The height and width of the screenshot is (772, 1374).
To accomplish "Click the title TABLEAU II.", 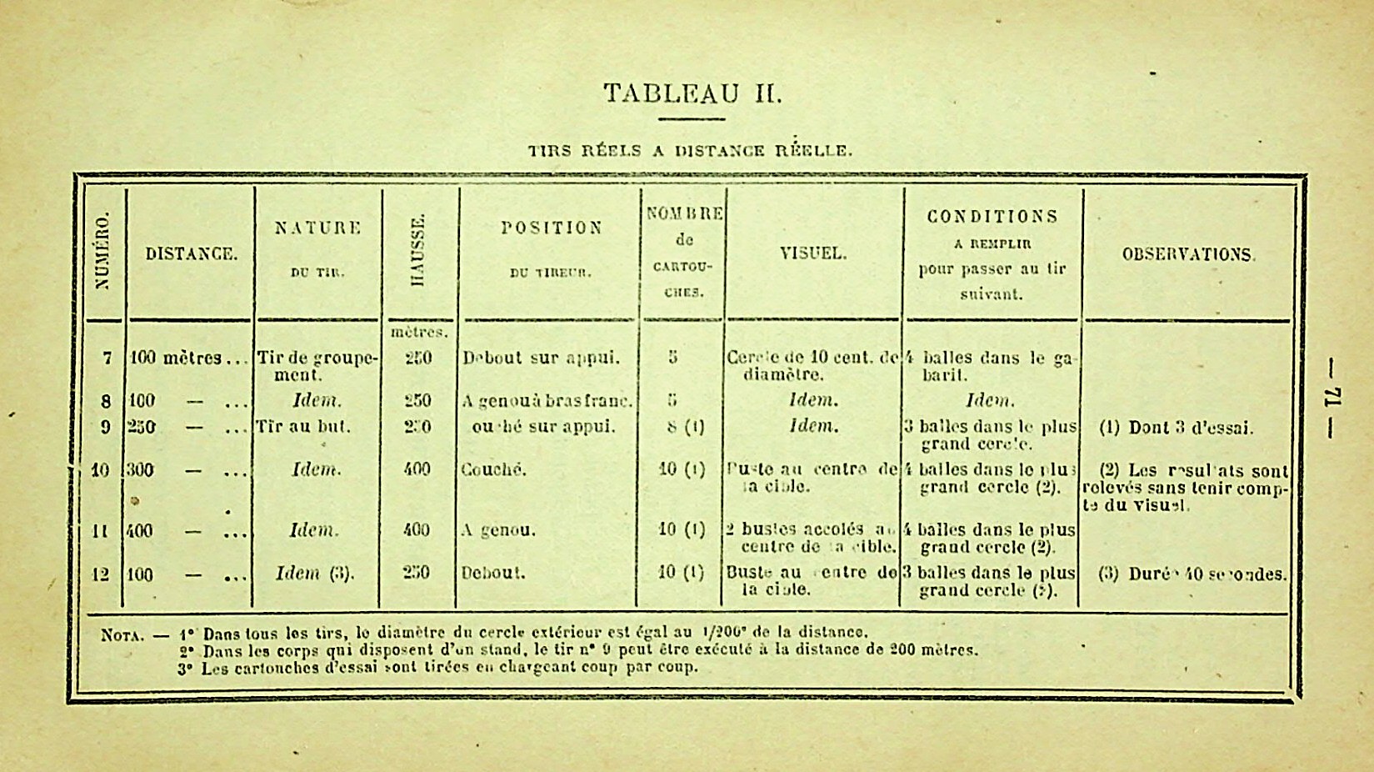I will pyautogui.click(x=692, y=93).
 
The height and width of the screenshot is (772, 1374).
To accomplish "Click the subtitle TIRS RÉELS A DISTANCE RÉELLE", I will pyautogui.click(x=691, y=151).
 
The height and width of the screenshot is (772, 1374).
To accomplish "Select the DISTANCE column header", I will pyautogui.click(x=191, y=254).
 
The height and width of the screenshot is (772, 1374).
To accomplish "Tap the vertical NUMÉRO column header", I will pyautogui.click(x=104, y=251).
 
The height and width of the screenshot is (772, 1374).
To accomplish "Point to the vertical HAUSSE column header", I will pyautogui.click(x=419, y=250).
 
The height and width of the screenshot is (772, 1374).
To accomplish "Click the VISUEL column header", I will pyautogui.click(x=813, y=253).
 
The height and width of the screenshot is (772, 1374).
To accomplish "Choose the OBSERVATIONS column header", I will pyautogui.click(x=1188, y=254).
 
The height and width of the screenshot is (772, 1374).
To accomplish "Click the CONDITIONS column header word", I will pyautogui.click(x=992, y=217).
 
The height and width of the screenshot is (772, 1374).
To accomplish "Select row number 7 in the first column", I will pyautogui.click(x=107, y=358).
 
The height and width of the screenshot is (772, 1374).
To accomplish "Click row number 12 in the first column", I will pyautogui.click(x=100, y=574).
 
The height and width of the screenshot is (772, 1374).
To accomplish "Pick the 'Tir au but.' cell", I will pyautogui.click(x=303, y=427).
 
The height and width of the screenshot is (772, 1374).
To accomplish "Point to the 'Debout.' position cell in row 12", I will pyautogui.click(x=492, y=574).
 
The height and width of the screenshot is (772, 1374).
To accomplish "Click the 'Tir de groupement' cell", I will pyautogui.click(x=317, y=367).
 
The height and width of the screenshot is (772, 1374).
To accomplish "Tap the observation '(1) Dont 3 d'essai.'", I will pyautogui.click(x=1176, y=428).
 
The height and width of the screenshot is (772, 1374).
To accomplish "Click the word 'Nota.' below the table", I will pyautogui.click(x=122, y=634).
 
